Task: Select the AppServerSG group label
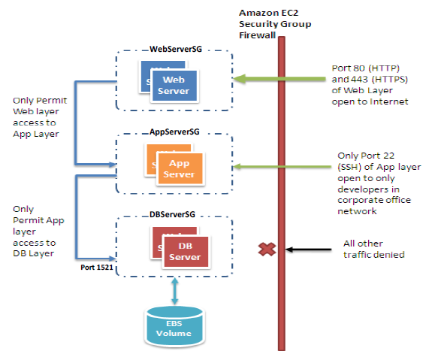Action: click(174, 132)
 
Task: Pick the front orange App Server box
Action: click(180, 168)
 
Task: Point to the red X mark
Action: click(266, 250)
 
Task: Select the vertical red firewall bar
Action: click(282, 188)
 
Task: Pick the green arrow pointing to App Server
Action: click(255, 166)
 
